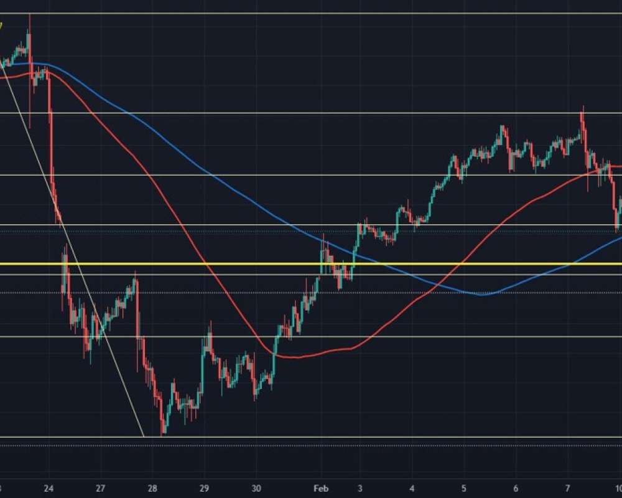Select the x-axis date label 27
(101, 488)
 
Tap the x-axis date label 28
(153, 488)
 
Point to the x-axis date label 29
(205, 488)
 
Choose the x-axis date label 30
(256, 488)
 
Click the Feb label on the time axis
(320, 488)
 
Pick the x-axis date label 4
(413, 488)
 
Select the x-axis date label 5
(465, 488)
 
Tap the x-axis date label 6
(516, 488)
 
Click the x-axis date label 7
(568, 488)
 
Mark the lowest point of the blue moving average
(484, 294)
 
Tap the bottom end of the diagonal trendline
(144, 436)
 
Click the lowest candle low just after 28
(162, 434)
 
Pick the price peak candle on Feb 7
(582, 108)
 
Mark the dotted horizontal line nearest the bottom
(311, 445)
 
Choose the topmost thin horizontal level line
(311, 13)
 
